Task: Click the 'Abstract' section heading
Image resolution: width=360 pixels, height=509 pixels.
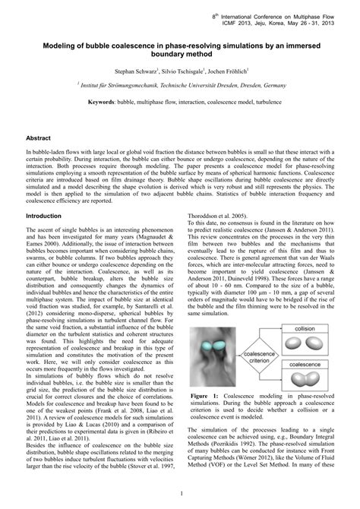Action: click(39, 140)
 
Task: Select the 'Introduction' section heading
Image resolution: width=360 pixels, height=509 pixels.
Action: click(45, 216)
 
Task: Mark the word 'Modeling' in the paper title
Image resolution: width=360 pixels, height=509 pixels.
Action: click(48, 46)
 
